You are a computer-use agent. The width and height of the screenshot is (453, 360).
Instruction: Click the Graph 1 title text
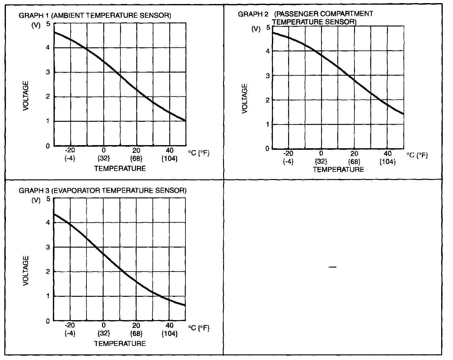tap(95, 16)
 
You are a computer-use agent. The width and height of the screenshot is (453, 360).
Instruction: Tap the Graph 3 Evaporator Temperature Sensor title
tap(103, 190)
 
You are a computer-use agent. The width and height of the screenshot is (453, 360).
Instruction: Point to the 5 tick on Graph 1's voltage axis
tap(48, 24)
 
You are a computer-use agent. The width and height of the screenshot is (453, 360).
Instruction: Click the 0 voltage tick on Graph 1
tap(48, 146)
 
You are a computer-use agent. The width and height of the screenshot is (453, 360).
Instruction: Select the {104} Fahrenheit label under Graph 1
tap(170, 159)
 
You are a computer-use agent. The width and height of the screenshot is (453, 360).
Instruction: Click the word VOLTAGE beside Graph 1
tap(26, 96)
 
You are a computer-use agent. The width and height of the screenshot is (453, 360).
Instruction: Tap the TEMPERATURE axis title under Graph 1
tap(120, 168)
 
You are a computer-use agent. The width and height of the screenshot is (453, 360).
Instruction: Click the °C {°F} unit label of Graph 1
tap(199, 154)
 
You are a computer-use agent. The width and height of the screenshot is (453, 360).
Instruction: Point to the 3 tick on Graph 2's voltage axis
tap(267, 76)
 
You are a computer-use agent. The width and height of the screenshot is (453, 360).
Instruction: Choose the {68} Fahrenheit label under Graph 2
tap(354, 162)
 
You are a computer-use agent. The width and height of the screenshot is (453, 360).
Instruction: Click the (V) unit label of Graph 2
tap(256, 29)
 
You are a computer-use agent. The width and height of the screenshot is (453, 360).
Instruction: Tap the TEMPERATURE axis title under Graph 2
tap(339, 170)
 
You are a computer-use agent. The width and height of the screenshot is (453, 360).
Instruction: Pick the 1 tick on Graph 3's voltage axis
tap(48, 296)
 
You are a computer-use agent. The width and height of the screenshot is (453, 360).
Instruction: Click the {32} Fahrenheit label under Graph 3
tap(103, 334)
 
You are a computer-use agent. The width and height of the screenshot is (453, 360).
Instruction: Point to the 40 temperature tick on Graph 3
tap(170, 325)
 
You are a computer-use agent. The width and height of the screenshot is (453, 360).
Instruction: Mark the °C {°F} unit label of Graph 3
tap(199, 329)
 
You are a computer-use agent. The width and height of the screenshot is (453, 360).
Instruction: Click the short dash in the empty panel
tap(332, 267)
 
